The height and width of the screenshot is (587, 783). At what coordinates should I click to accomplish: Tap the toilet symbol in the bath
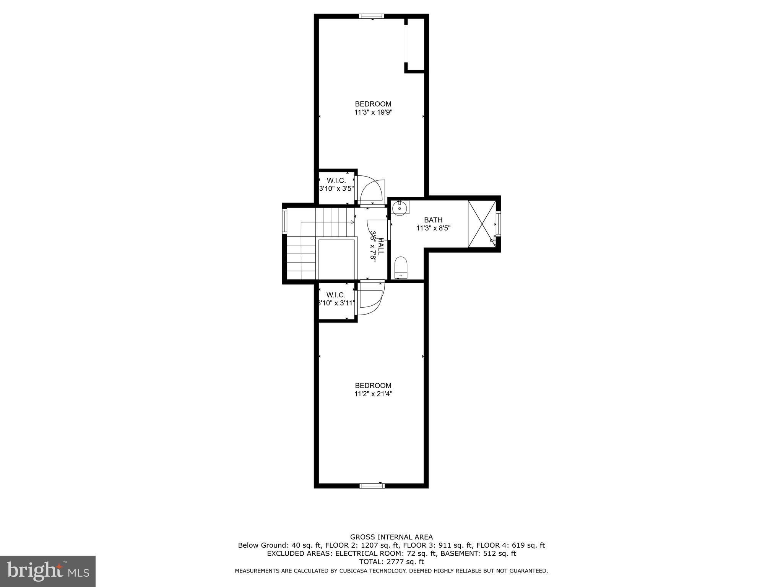[x=401, y=267]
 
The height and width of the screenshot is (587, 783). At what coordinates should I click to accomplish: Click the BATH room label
[x=433, y=220]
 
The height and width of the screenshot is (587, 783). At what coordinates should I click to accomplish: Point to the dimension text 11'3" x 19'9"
[x=373, y=112]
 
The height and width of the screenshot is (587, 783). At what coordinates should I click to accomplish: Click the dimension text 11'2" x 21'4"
[x=373, y=394]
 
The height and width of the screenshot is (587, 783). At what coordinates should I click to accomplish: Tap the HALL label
[x=381, y=246]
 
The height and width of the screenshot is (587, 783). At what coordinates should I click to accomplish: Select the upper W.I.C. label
[x=336, y=180]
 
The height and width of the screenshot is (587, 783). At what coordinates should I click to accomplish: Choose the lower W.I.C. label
[x=336, y=295]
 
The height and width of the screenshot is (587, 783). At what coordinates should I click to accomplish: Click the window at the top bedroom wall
[x=371, y=16]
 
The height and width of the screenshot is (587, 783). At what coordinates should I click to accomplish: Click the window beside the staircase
[x=284, y=222]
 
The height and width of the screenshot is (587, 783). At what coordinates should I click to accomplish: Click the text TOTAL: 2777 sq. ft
[x=391, y=562]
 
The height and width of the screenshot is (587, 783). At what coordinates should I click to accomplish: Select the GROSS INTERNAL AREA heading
[x=391, y=537]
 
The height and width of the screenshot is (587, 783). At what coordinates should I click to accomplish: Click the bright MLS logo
[x=47, y=571]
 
